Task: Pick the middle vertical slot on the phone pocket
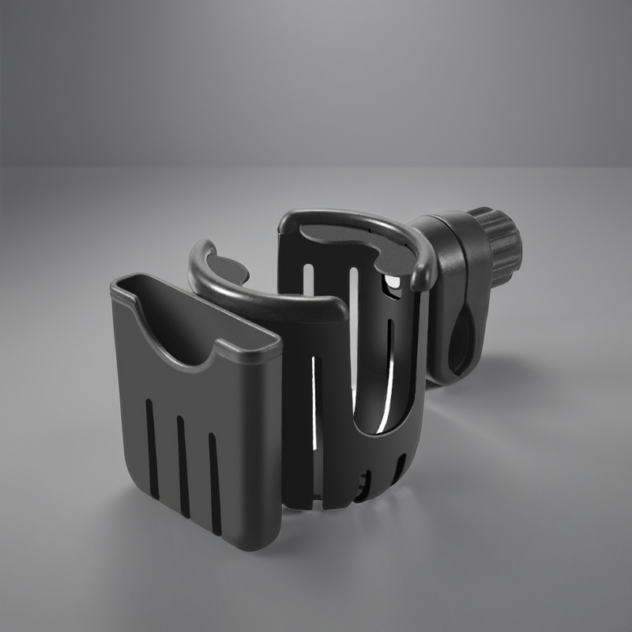(x=182, y=461)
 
